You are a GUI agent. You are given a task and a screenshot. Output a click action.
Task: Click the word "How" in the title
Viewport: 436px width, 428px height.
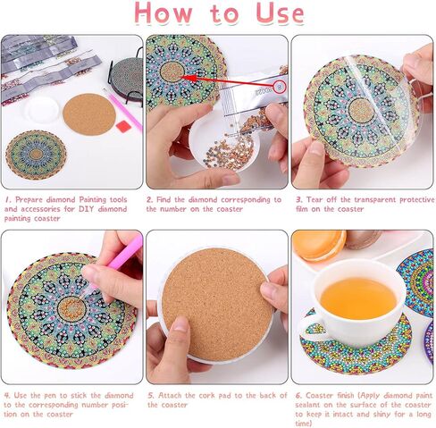coord(163,15)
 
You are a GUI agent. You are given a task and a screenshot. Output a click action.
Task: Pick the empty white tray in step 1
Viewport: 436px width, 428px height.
coord(40,110)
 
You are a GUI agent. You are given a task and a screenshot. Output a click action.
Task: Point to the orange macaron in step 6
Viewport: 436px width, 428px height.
coord(318,244)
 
